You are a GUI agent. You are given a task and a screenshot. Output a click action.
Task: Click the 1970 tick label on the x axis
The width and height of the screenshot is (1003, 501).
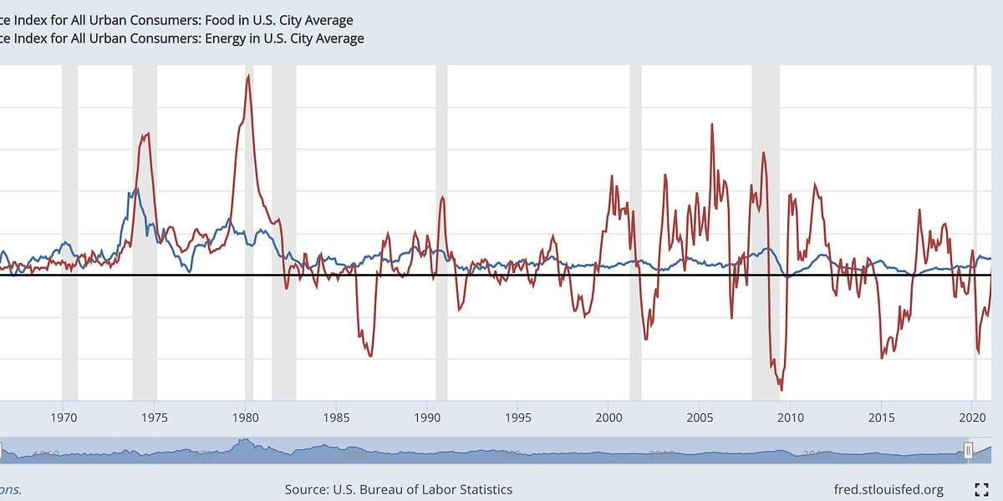64,417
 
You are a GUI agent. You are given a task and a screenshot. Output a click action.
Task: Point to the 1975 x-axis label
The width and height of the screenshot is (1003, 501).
155,417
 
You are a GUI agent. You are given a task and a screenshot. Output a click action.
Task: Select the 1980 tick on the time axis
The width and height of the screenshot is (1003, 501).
245,417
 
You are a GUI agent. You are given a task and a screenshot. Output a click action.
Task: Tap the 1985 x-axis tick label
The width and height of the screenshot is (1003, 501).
336,417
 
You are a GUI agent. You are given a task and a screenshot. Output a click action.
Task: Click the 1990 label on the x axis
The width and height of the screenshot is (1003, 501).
427,417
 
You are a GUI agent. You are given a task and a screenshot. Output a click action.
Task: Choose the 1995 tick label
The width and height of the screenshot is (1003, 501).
518,417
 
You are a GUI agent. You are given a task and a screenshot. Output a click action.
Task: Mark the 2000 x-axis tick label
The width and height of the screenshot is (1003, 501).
608,417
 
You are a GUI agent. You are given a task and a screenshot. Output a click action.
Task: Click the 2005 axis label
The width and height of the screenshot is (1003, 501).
700,417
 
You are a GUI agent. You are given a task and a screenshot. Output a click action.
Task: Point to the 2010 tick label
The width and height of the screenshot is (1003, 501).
791,417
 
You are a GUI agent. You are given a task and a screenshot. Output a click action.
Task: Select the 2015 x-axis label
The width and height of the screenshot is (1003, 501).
881,417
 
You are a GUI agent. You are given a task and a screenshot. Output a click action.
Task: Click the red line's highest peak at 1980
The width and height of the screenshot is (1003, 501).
248,76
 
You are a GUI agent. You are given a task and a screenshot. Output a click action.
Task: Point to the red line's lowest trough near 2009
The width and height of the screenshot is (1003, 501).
782,389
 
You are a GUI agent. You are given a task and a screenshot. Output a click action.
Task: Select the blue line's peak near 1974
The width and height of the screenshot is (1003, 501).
136,190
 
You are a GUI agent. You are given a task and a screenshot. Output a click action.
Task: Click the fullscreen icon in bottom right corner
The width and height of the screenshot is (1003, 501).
982,489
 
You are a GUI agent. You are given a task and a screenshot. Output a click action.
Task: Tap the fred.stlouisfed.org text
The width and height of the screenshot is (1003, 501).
888,489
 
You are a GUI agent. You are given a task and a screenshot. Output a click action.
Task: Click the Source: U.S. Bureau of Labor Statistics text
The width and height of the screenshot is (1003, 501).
399,489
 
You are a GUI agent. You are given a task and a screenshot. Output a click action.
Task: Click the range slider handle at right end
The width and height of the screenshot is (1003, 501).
969,452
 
